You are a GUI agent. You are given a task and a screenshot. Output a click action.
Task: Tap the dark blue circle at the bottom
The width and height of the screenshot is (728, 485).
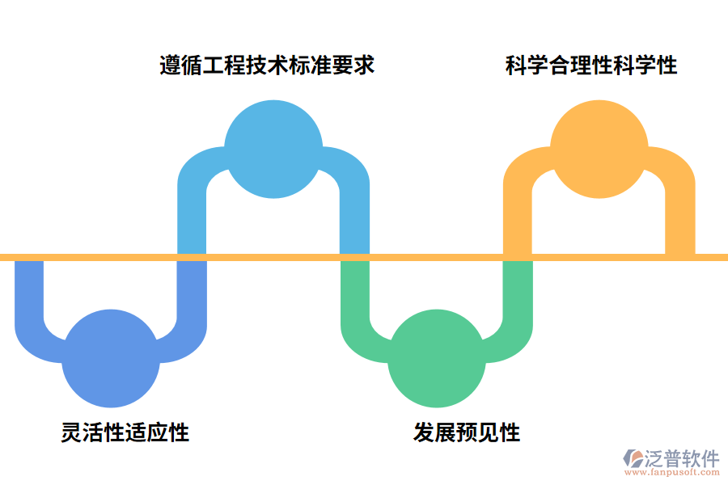[111, 358]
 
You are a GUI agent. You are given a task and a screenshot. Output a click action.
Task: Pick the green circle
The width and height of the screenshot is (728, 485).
[437, 358]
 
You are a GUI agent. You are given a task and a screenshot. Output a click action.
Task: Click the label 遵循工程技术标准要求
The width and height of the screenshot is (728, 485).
[267, 65]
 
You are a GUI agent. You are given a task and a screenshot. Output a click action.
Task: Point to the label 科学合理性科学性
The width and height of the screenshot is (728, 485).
[591, 65]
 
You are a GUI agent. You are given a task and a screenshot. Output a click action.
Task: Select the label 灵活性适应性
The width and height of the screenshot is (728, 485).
[125, 432]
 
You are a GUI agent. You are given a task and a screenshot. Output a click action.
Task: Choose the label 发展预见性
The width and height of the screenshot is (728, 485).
[467, 432]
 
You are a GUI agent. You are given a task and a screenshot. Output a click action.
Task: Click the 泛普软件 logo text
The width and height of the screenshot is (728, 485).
[682, 458]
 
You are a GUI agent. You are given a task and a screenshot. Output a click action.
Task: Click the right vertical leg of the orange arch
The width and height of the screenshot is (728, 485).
[679, 218]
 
